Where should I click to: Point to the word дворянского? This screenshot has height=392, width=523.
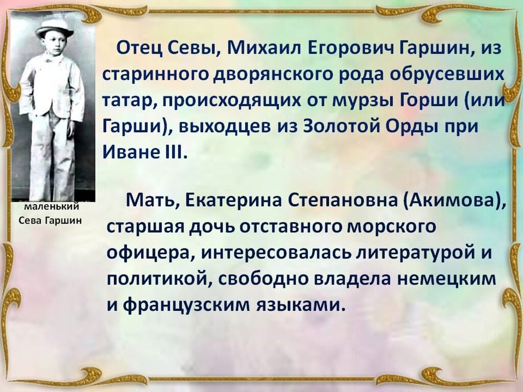pos(273,75)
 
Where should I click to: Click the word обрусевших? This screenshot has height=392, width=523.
pos(447,75)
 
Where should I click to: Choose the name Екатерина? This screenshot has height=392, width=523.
pos(233,200)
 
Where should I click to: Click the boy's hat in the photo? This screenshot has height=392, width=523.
pos(55,28)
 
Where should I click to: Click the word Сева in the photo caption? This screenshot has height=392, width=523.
pos(30,220)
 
